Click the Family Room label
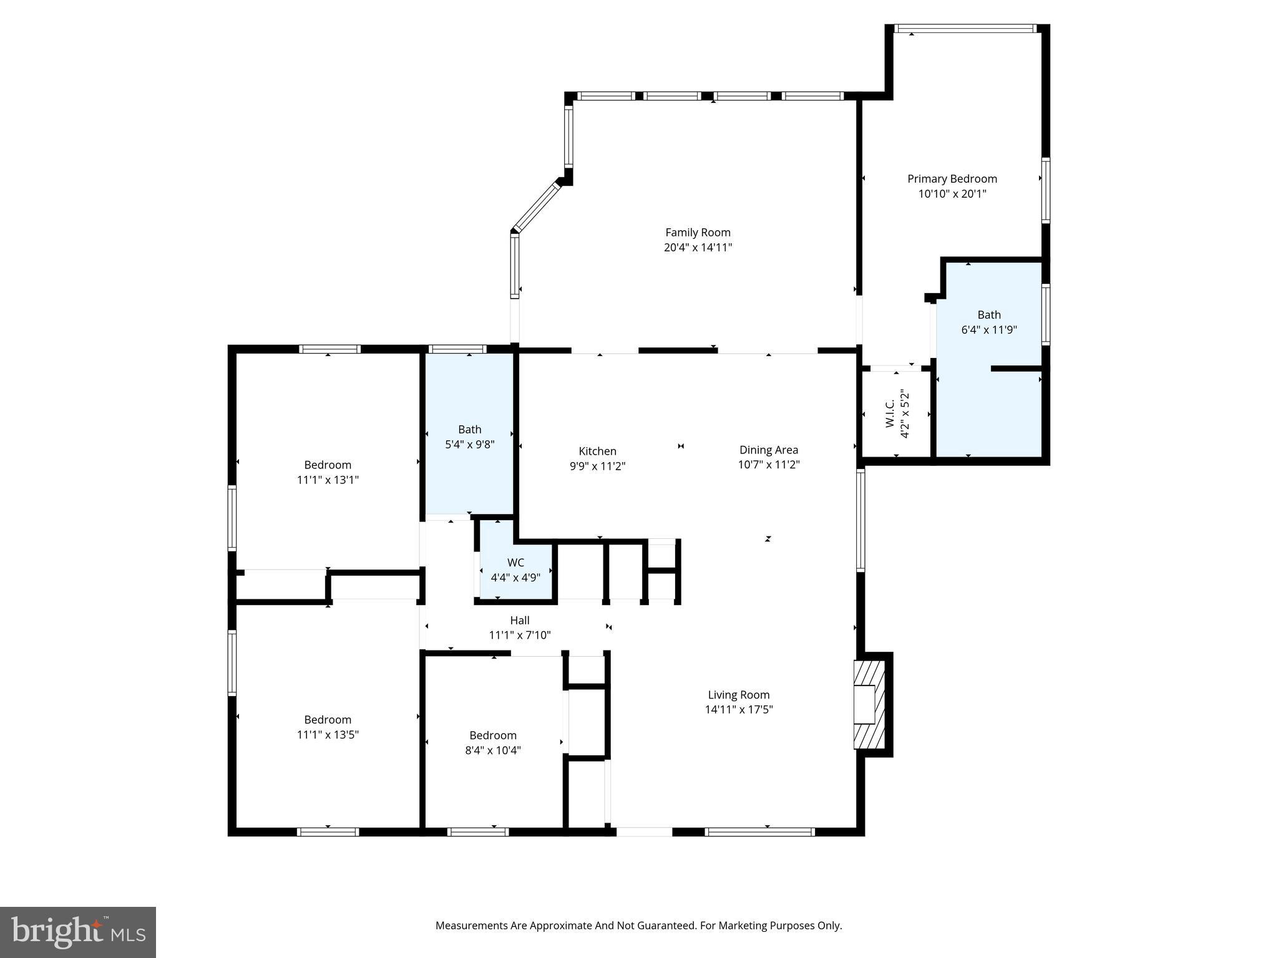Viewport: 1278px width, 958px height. point(697,233)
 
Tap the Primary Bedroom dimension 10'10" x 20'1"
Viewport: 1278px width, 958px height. point(952,194)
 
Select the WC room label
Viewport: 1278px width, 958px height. point(515,563)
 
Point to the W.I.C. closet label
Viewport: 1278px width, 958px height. point(890,413)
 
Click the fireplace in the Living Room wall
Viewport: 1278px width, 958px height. point(869,704)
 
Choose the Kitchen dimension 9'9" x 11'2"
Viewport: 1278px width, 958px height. point(597,467)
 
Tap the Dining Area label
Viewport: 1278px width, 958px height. point(768,450)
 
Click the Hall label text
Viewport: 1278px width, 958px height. point(519,621)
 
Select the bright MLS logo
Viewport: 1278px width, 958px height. point(78,932)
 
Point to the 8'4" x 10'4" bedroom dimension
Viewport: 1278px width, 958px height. point(492,750)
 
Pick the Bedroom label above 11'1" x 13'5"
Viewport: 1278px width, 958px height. point(328,720)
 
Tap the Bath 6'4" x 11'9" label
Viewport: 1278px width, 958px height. point(988,316)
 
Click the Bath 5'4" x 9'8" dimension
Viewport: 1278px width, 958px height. point(469,445)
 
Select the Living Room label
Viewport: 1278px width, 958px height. point(738,695)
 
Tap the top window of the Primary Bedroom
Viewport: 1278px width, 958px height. point(965,29)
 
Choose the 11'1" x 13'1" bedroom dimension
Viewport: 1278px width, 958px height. point(328,480)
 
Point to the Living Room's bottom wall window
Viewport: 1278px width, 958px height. point(759,831)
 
